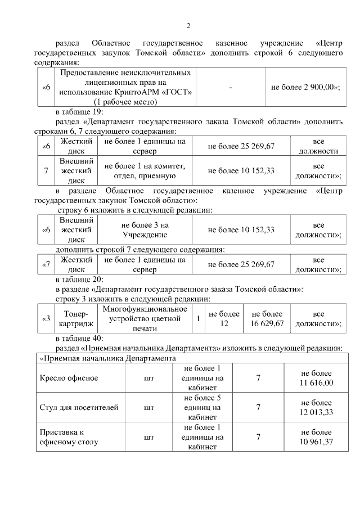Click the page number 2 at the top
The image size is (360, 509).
point(188,25)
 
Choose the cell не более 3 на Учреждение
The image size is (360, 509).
point(145,229)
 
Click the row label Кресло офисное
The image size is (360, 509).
point(68,378)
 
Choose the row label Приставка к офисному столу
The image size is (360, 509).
point(67,436)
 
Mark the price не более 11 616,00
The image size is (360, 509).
point(317,378)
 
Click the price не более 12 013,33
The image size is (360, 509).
point(317,407)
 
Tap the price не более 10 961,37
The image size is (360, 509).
point(317,436)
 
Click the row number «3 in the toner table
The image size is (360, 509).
point(47,319)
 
